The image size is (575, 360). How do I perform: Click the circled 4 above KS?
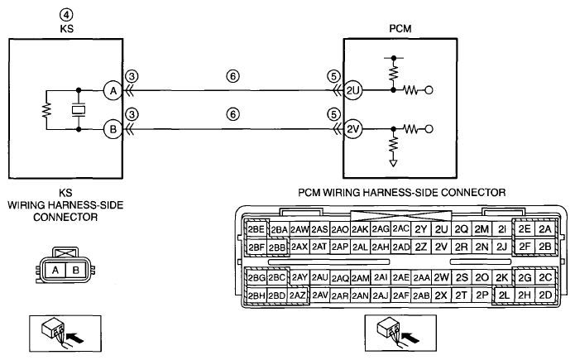pyautogui.click(x=66, y=15)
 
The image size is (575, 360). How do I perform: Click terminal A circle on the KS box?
pyautogui.click(x=113, y=90)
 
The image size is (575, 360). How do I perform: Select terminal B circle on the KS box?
pyautogui.click(x=113, y=129)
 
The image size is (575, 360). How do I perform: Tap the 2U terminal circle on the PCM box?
pyautogui.click(x=352, y=90)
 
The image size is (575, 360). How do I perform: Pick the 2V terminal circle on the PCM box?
pyautogui.click(x=352, y=129)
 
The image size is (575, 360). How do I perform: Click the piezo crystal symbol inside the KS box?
pyautogui.click(x=79, y=110)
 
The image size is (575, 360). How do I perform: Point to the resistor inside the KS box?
pyautogui.click(x=46, y=110)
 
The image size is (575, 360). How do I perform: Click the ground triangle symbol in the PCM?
pyautogui.click(x=393, y=163)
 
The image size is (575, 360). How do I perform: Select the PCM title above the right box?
pyautogui.click(x=400, y=29)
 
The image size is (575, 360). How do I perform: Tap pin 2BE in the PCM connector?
pyautogui.click(x=256, y=229)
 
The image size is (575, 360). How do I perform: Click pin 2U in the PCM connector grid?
pyautogui.click(x=441, y=229)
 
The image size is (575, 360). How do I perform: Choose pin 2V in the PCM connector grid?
pyautogui.click(x=441, y=247)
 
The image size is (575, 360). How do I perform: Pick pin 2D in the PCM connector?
pyautogui.click(x=545, y=295)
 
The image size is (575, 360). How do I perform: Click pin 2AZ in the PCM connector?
pyautogui.click(x=297, y=295)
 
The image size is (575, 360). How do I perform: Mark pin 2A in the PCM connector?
pyautogui.click(x=545, y=229)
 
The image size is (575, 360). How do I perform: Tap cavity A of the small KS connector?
pyautogui.click(x=55, y=271)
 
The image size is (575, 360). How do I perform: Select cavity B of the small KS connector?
pyautogui.click(x=76, y=271)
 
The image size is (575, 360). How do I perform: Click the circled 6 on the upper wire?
pyautogui.click(x=232, y=76)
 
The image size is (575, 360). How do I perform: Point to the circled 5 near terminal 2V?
pyautogui.click(x=333, y=114)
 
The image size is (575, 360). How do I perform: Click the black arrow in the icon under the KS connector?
pyautogui.click(x=76, y=338)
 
